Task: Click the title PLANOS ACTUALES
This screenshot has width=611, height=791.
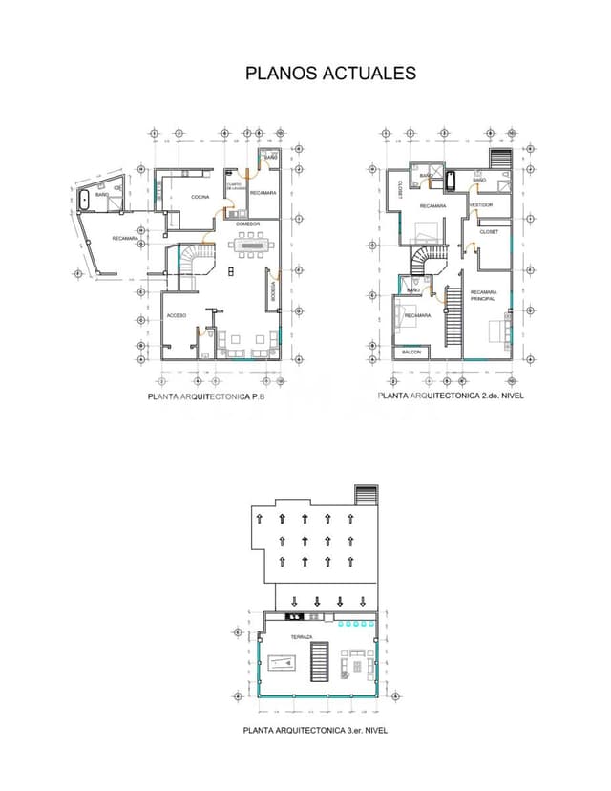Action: [330, 74]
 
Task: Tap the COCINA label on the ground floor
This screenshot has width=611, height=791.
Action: [200, 197]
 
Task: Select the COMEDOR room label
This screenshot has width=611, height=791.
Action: [248, 224]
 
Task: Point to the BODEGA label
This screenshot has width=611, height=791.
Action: [274, 290]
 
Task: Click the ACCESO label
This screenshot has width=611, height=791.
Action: [177, 314]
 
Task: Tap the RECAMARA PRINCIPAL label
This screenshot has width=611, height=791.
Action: [483, 295]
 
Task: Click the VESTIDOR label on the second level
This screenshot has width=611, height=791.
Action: [480, 204]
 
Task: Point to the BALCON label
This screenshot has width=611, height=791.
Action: [411, 352]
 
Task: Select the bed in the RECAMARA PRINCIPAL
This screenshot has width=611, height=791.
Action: [496, 331]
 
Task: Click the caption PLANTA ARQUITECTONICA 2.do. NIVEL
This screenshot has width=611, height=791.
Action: [451, 395]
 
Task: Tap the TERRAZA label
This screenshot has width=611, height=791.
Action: [302, 636]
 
